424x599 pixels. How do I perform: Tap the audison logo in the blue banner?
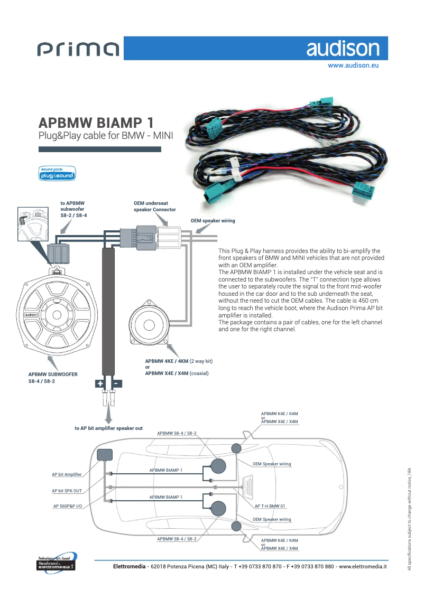343,49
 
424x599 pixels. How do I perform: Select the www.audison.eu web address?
353,66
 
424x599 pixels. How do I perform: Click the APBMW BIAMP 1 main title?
97,123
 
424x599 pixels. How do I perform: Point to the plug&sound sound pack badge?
57,173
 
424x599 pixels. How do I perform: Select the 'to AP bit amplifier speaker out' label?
108,428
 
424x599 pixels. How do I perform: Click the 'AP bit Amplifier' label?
67,475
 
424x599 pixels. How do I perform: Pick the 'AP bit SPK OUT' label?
67,491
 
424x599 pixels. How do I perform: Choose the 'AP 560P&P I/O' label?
68,506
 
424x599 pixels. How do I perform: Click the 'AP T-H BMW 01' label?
270,506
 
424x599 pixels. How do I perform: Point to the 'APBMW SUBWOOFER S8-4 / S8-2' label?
53,377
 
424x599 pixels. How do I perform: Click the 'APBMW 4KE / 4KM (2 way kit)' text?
179,361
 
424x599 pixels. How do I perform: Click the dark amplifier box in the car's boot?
105,454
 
